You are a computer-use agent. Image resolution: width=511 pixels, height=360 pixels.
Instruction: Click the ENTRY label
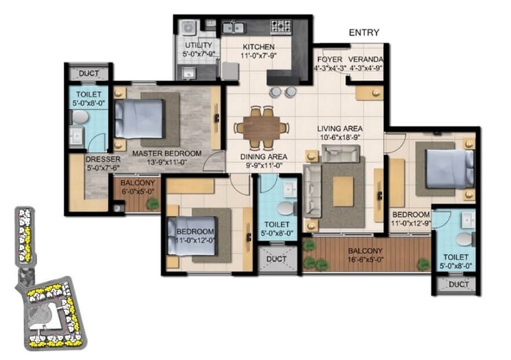click(365, 33)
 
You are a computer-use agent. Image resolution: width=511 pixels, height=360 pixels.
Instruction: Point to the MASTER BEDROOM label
click(167, 153)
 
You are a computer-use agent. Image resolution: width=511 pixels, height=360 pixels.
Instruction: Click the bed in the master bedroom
click(141, 119)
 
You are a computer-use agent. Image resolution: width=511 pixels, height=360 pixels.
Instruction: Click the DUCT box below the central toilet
click(276, 259)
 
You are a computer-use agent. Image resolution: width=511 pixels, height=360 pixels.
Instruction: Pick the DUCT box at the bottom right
click(456, 284)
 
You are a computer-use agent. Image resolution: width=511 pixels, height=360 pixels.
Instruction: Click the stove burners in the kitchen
click(281, 27)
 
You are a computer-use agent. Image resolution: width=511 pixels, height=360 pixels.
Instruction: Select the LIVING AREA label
click(340, 128)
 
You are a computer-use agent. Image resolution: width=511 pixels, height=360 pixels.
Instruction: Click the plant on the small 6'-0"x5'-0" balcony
click(152, 204)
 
